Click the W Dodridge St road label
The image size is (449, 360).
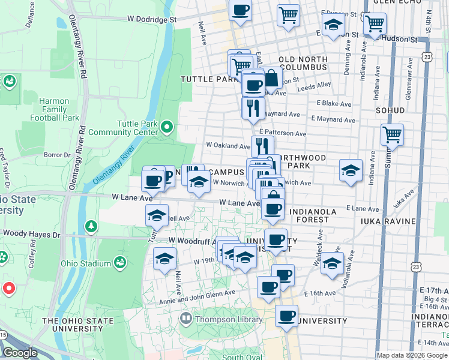click(x=151, y=19)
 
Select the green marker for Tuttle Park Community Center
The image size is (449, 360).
click(x=167, y=127)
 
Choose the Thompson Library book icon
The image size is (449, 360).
click(x=185, y=318)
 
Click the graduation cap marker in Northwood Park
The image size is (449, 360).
click(x=351, y=170)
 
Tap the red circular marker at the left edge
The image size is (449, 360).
click(x=8, y=289)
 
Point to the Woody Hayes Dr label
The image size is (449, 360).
click(x=31, y=233)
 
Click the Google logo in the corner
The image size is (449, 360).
click(x=20, y=353)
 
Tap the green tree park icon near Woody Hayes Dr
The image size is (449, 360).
click(x=91, y=226)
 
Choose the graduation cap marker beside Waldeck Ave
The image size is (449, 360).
click(x=332, y=263)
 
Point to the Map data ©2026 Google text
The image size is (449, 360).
click(x=412, y=355)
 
